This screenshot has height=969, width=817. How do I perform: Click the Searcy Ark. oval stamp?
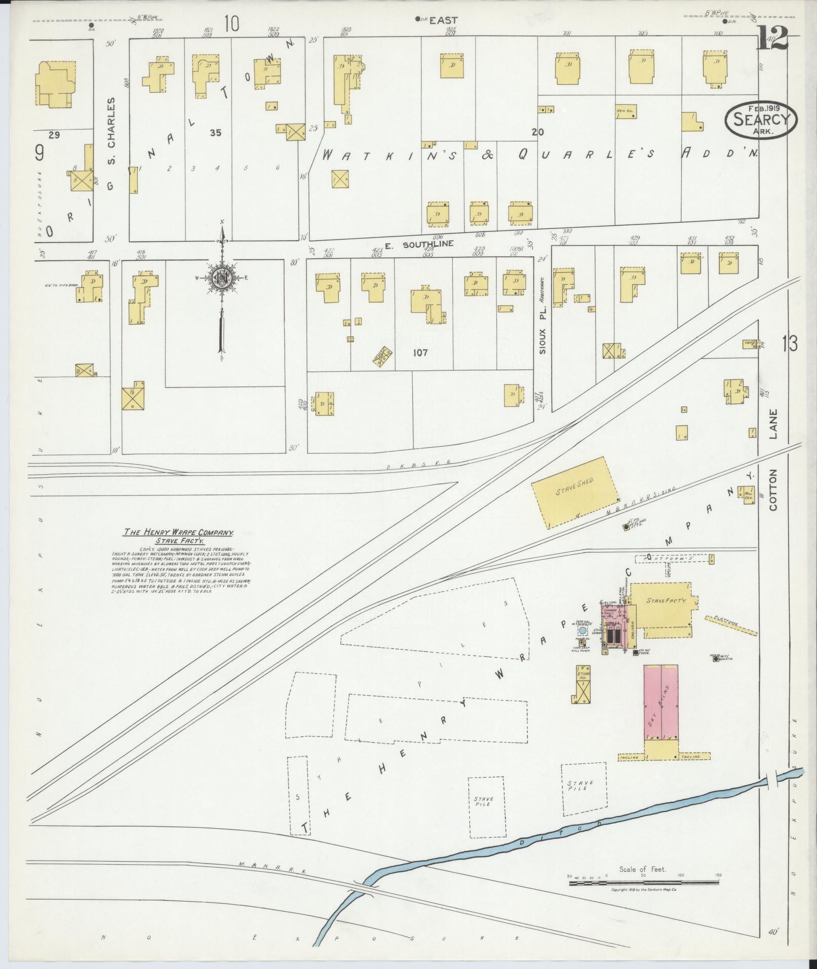pos(761,120)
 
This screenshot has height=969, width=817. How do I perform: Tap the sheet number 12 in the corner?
pos(772,37)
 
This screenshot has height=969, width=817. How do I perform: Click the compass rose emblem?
pos(221,277)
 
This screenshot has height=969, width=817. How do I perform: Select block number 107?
pos(420,353)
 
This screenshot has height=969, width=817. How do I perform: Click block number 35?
pos(215,133)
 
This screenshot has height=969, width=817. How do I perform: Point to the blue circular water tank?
pos(582,631)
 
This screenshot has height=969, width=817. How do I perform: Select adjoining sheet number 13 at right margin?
pos(789,343)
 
